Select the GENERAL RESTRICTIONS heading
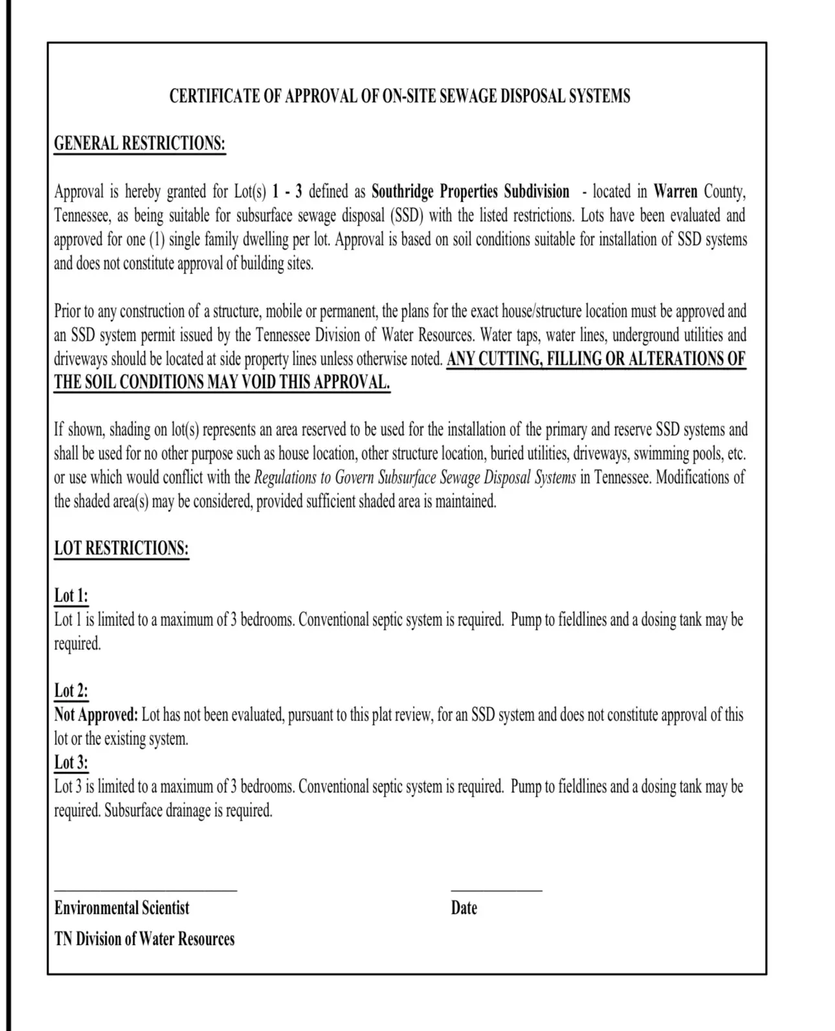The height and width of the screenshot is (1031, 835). pos(140,143)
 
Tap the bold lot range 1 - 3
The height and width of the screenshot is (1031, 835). pos(287,192)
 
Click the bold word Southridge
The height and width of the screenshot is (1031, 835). pos(402,192)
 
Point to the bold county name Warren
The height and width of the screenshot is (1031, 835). pos(675,192)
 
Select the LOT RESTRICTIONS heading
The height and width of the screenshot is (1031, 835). pos(122,548)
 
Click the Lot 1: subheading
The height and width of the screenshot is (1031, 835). pos(71,596)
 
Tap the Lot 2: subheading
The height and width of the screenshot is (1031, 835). pos(71,691)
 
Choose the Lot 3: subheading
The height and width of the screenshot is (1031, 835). pos(71,763)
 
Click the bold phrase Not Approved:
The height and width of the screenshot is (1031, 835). pos(96,715)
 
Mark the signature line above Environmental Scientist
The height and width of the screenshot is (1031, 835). pos(146,891)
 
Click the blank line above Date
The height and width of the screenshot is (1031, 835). pos(496,891)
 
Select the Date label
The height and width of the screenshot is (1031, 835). pos(464,908)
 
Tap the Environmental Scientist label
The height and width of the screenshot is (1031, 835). pos(122,908)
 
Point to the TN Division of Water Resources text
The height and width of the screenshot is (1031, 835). pos(144,939)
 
